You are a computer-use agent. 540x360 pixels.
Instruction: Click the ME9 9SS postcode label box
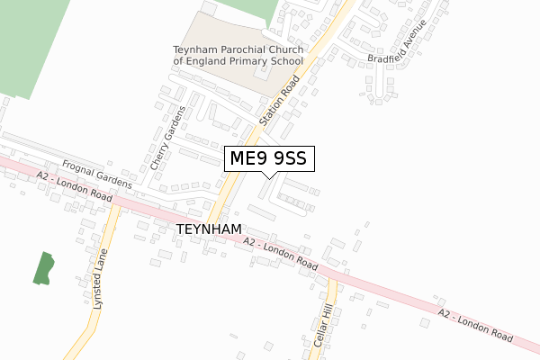pyautogui.click(x=269, y=159)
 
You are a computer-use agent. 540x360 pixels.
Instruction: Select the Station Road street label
pyautogui.click(x=279, y=99)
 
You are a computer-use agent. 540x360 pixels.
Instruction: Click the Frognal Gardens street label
pyautogui.click(x=98, y=174)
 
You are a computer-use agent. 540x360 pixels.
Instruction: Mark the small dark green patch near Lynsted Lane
pyautogui.click(x=43, y=269)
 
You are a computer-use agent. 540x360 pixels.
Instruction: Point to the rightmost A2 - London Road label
pyautogui.click(x=476, y=324)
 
